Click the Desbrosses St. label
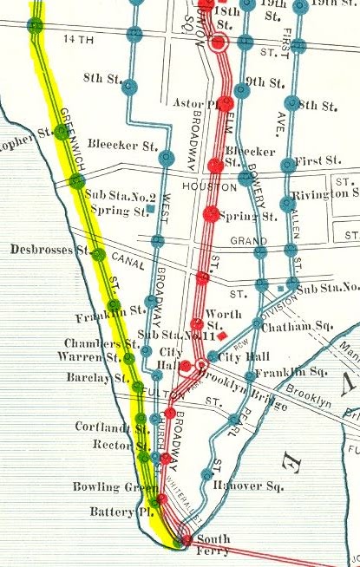click(51, 250)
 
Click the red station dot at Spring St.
click(210, 213)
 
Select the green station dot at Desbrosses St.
click(98, 255)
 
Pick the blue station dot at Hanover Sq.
click(206, 474)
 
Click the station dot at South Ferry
click(185, 541)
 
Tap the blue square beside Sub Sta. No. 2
click(151, 209)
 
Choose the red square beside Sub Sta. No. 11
click(223, 335)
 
